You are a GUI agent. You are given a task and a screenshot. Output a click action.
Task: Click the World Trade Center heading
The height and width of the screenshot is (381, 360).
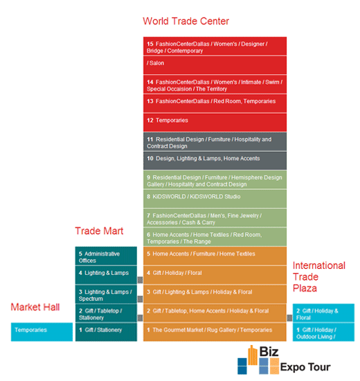coord(186,21)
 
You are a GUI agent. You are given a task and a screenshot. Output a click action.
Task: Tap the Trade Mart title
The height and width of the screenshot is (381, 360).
coord(99,231)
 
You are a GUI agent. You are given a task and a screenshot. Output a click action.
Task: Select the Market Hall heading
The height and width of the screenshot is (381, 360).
coord(35,307)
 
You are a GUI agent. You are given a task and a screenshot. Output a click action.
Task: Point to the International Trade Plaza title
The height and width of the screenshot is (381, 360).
coord(318,277)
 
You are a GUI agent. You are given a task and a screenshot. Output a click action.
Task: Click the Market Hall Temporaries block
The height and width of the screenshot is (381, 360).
coord(42,332)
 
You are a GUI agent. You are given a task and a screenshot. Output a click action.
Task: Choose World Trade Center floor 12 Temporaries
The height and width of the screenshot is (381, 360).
coord(215,123)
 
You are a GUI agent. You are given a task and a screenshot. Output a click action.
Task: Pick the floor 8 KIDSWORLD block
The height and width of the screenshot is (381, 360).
coord(215,199)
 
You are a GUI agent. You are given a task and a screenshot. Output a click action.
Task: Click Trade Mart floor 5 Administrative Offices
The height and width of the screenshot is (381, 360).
coord(106,256)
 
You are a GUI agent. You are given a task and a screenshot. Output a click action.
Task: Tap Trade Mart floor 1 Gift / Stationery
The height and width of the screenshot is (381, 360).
coord(106,332)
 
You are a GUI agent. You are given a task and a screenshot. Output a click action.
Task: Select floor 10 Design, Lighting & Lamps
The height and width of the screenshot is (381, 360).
coord(215,161)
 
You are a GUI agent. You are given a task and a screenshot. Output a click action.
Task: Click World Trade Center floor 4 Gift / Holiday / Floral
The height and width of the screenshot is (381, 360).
coord(215,275)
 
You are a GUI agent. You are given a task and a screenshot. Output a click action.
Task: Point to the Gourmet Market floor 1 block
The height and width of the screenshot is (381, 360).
coord(215,332)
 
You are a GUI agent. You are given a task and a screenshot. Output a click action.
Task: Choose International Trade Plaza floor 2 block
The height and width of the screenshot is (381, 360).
coord(323,313)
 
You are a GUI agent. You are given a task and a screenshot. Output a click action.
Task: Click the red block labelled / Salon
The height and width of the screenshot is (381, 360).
coord(215,65)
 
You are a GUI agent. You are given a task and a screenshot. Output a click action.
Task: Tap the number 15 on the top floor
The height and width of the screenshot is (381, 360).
coord(150,44)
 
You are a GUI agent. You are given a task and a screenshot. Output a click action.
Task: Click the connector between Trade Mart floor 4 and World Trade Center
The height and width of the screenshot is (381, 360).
coord(140,280)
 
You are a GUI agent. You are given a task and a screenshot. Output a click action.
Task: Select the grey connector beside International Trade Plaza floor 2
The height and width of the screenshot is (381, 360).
coord(289,318)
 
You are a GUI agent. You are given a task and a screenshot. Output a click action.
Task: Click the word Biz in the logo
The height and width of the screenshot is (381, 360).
coord(269,351)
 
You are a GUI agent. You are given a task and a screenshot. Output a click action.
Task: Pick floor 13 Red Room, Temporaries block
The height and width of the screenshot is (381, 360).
coord(215,103)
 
